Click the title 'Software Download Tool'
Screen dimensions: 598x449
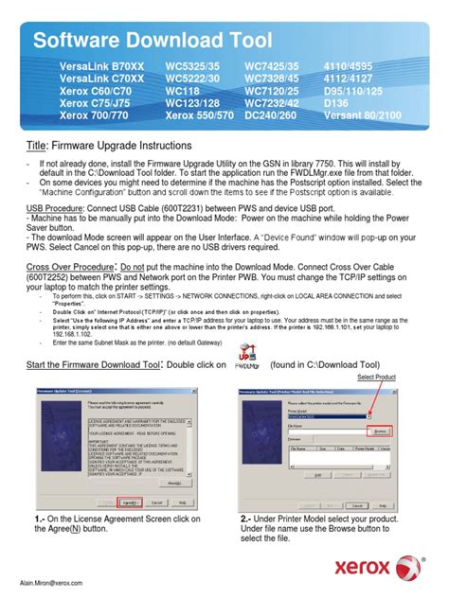tap(153, 40)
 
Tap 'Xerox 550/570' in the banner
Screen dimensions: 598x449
tap(198, 114)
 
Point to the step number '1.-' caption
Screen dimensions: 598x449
tap(39, 519)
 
